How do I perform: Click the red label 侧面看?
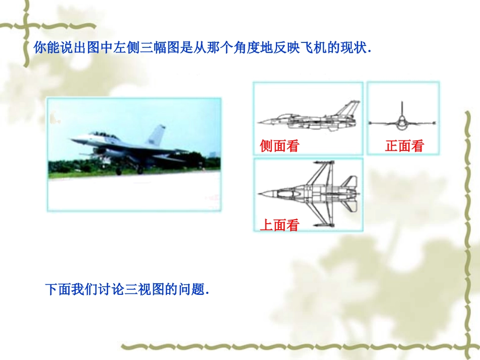coord(279,146)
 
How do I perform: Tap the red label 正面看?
coord(404,146)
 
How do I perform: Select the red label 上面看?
coord(279,225)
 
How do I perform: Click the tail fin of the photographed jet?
coord(157,135)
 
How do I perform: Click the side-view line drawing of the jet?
coord(308,118)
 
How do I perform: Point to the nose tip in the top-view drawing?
coord(260,193)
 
